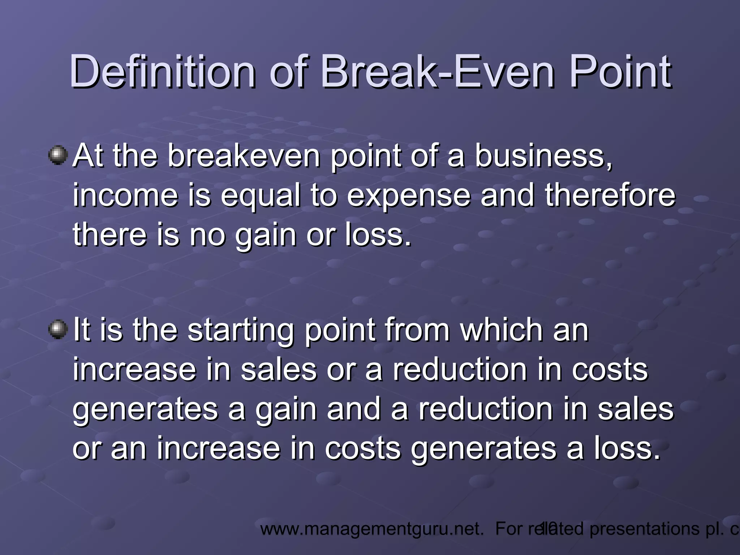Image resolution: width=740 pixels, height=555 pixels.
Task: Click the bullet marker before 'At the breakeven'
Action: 58,156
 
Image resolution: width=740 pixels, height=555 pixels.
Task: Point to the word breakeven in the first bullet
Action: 244,156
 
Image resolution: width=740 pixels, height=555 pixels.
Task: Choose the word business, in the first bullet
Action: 544,156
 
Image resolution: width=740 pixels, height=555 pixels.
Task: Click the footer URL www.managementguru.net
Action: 372,529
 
